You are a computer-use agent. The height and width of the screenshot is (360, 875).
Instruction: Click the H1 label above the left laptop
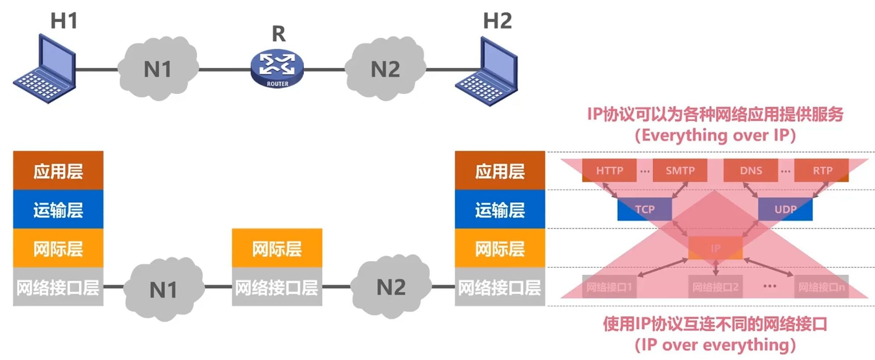[64, 21]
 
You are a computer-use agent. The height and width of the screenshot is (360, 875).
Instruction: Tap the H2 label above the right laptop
[497, 21]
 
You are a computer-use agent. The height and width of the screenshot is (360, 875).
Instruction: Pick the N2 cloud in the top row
[386, 69]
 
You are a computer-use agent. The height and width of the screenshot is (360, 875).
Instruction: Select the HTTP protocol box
[609, 170]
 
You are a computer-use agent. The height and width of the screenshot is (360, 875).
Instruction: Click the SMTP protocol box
[680, 170]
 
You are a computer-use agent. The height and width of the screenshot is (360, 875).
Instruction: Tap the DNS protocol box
[751, 170]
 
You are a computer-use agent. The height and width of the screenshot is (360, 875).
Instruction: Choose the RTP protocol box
[822, 170]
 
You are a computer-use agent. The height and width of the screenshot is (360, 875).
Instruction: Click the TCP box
[645, 209]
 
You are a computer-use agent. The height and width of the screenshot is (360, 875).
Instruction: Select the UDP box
[785, 209]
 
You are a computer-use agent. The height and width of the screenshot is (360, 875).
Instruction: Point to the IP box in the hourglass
[715, 248]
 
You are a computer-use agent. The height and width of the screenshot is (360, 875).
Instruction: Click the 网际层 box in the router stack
[277, 248]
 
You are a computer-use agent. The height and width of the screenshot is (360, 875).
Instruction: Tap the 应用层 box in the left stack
[58, 171]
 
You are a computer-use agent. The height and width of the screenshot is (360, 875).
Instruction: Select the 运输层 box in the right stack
[500, 210]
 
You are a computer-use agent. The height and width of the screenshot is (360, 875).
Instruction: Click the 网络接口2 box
[715, 287]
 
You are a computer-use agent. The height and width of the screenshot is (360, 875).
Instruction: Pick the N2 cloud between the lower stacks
[391, 287]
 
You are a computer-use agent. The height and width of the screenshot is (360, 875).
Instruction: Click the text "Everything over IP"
[715, 135]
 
